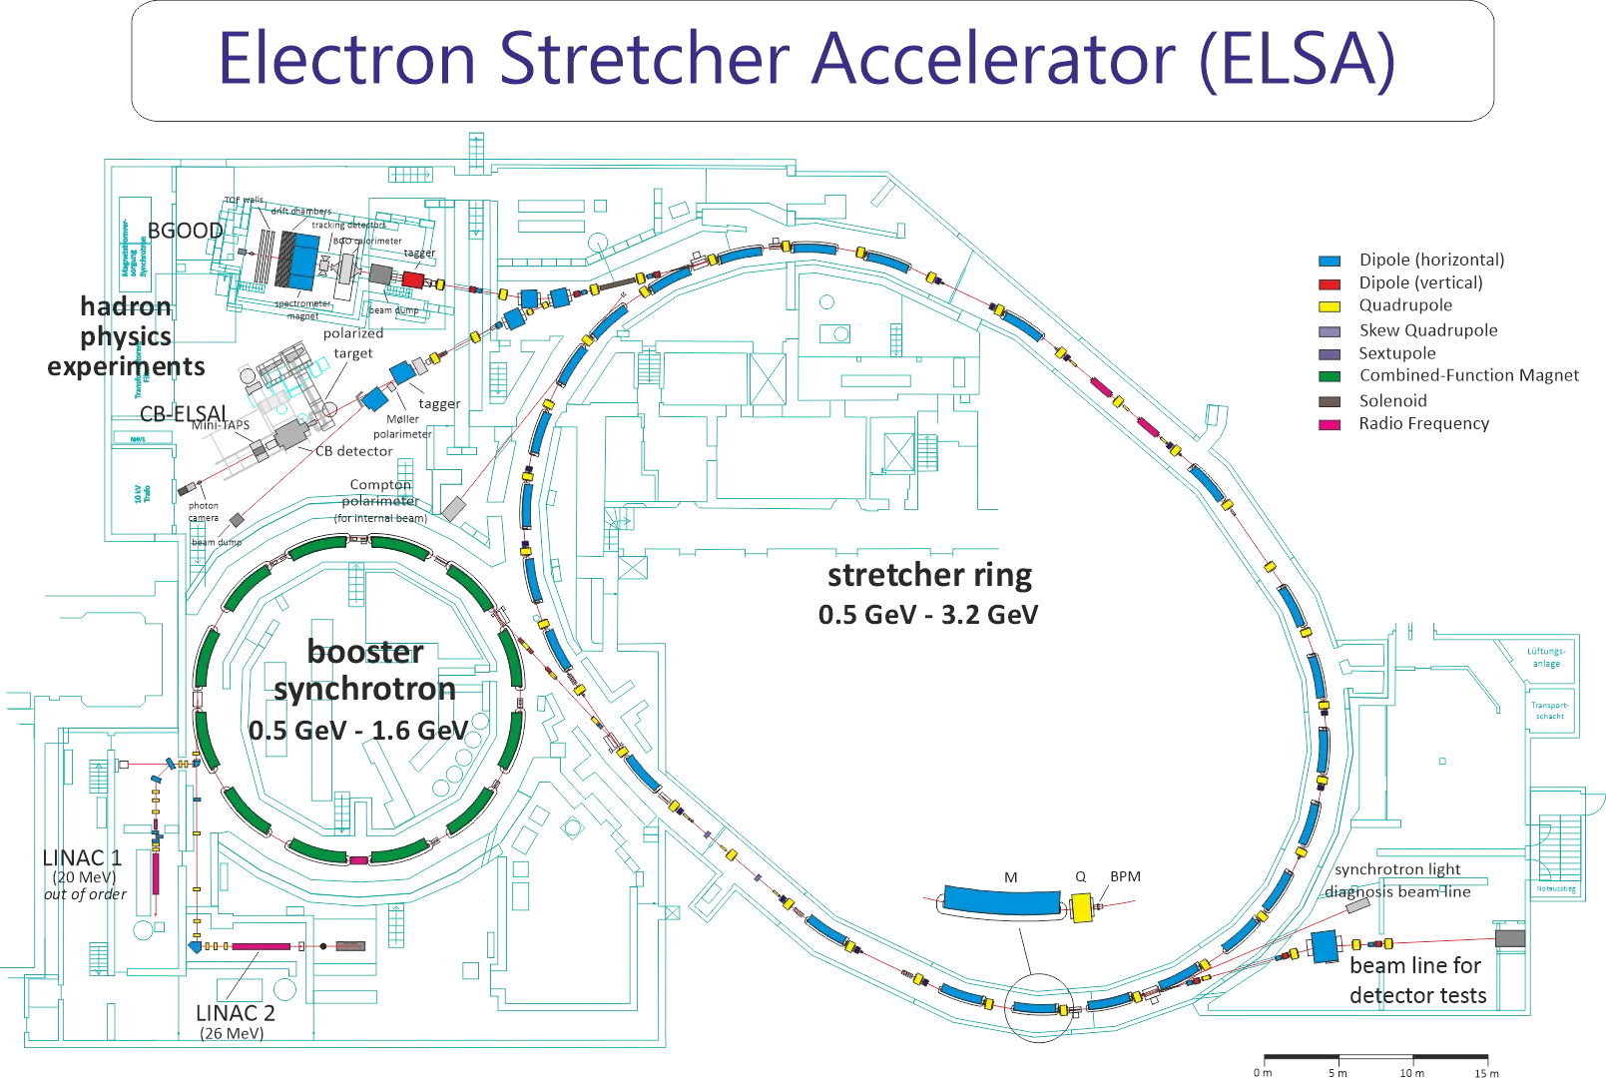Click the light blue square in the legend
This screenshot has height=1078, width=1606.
(1329, 262)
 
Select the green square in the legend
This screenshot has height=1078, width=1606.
(1329, 376)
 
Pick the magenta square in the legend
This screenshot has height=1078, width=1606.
(1329, 424)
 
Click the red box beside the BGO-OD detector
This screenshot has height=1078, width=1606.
(412, 279)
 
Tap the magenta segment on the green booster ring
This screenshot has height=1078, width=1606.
(359, 858)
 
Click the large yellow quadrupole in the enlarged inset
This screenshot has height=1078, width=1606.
(1082, 906)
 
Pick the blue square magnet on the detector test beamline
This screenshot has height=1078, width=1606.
(1324, 946)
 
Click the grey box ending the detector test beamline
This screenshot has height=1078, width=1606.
(1510, 938)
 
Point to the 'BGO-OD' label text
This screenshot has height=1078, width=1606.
(185, 229)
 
